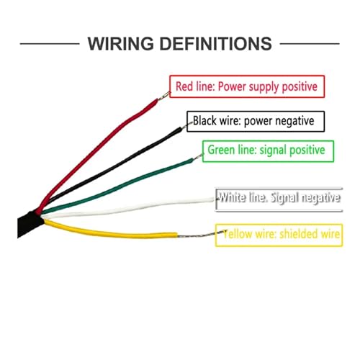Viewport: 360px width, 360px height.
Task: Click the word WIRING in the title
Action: pos(121,44)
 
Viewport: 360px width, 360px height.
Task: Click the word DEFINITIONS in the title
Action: pos(216,44)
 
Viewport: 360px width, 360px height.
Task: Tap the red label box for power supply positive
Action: pos(247,76)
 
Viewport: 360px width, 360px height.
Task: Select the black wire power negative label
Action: pos(256,112)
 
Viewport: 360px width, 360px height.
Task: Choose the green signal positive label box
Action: pos(268,141)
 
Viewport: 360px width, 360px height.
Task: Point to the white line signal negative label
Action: pos(279,197)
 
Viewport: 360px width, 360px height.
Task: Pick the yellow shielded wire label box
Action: pos(279,225)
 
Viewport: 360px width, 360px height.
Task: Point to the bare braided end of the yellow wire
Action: pos(202,234)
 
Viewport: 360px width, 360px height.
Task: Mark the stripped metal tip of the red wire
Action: pos(163,96)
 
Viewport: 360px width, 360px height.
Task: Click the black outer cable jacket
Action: pos(29,225)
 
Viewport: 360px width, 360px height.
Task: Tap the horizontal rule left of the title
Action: pos(50,44)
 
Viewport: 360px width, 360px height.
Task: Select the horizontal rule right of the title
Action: pos(310,44)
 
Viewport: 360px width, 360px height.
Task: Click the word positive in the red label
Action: pos(300,86)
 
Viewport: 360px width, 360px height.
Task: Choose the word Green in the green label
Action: pos(221,150)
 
